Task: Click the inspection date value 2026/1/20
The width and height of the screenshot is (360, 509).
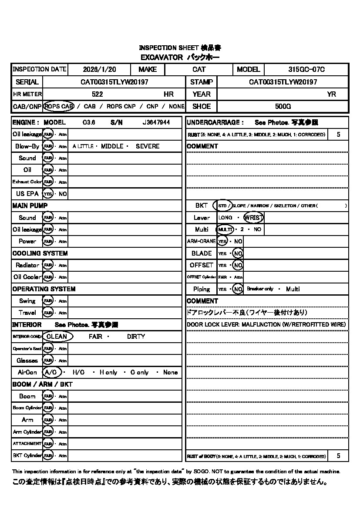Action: (x=99, y=69)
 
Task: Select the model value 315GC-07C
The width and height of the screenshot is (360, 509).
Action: (x=306, y=69)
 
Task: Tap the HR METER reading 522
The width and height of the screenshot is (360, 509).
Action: (x=98, y=94)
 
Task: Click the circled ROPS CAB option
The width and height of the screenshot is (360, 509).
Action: (x=59, y=106)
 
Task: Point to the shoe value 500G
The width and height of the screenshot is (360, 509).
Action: (x=283, y=106)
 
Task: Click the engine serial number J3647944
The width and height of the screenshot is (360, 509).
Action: (x=156, y=123)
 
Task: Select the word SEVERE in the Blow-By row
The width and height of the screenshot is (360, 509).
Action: (x=148, y=146)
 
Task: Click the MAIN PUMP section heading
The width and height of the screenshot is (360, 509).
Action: (x=30, y=206)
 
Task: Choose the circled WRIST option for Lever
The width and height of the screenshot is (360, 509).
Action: (x=254, y=218)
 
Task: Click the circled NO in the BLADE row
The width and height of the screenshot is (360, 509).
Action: (x=238, y=253)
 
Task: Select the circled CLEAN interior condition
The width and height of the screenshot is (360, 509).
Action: (x=57, y=337)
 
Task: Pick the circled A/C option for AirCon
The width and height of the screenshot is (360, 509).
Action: (x=51, y=372)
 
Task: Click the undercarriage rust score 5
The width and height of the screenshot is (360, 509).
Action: (x=339, y=135)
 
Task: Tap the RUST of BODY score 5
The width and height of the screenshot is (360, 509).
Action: (x=339, y=456)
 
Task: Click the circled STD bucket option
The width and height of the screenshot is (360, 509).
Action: (x=222, y=206)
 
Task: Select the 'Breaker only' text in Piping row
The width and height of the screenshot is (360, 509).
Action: (x=260, y=289)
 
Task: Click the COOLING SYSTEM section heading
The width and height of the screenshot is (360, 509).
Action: (x=40, y=253)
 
